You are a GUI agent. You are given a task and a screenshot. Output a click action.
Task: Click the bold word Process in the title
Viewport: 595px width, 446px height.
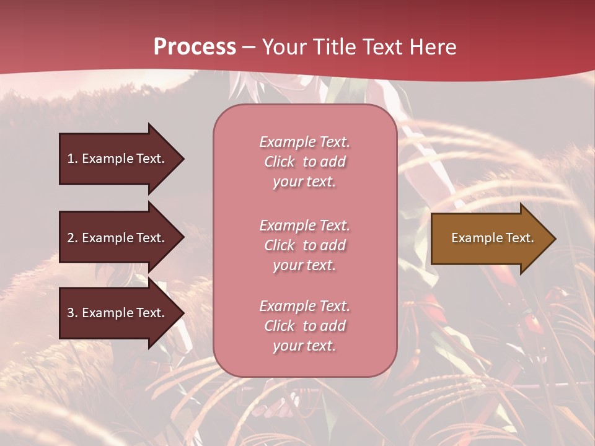point(195,47)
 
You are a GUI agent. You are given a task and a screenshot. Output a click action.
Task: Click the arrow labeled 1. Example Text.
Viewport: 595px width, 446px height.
point(118,159)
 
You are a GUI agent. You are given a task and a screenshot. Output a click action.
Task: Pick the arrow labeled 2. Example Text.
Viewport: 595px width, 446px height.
point(118,238)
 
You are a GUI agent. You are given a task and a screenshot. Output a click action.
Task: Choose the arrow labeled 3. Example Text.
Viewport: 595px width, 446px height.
point(118,313)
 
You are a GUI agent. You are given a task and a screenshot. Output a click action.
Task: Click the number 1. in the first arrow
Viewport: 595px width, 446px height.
point(72,159)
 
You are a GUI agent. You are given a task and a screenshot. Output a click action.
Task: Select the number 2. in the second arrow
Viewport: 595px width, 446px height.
point(72,238)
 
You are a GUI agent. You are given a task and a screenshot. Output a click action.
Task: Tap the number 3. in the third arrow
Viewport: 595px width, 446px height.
point(72,313)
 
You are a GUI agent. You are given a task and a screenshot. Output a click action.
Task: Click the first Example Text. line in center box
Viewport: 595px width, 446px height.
point(304,142)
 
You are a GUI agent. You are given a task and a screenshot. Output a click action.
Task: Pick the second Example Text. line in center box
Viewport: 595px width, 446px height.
point(304,225)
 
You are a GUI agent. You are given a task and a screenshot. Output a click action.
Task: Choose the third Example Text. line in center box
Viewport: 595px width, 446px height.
point(304,306)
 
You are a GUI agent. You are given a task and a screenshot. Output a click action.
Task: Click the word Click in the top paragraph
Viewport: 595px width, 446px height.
point(280,162)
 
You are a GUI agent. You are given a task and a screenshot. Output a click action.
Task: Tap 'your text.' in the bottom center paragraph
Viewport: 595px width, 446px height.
point(304,346)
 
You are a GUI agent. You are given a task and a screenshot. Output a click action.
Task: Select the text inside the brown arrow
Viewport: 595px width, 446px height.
point(492,238)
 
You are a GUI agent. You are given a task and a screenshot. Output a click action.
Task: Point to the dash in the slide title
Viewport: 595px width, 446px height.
point(249,48)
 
